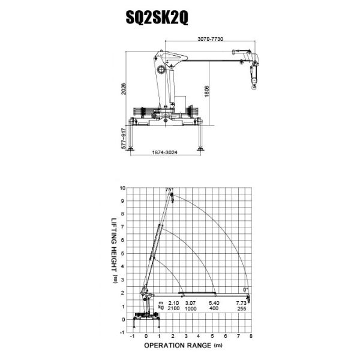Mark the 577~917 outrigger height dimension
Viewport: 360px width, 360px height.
pos(124,139)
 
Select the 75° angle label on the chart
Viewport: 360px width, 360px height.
pos(169,190)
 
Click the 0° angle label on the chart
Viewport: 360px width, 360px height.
pos(247,289)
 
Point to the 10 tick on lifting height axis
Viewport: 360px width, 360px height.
pos(122,188)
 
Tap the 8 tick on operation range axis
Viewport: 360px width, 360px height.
pos(250,337)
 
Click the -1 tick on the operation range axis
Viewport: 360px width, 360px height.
pos(133,337)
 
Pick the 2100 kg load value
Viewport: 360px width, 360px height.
pos(174,308)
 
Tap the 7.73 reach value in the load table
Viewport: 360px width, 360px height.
pos(241,302)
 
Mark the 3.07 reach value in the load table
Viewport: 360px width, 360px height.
pos(191,302)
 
